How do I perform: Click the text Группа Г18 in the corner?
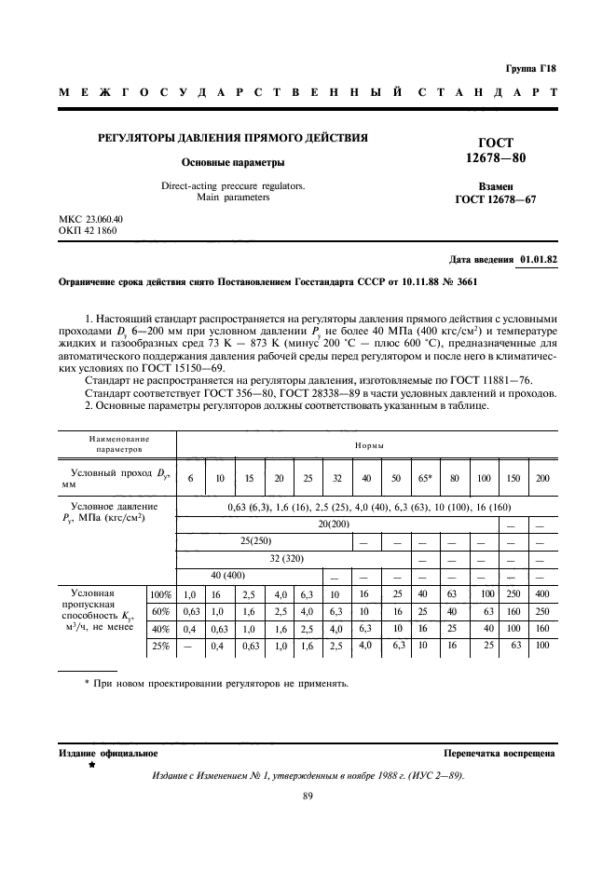[x=529, y=69]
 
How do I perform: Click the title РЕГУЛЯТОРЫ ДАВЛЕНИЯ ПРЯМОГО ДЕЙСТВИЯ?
[x=233, y=138]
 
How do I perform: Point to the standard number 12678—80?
[x=501, y=158]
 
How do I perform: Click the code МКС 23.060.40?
[x=90, y=219]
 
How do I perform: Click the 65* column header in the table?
[x=425, y=478]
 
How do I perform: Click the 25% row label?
[x=160, y=645]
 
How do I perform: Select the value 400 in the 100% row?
[x=542, y=593]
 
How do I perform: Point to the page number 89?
[x=308, y=795]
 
